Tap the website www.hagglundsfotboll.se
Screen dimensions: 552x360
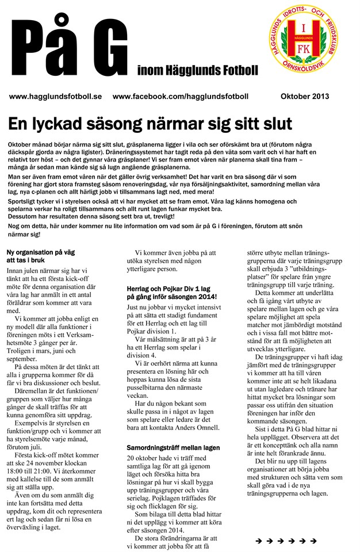click(55, 97)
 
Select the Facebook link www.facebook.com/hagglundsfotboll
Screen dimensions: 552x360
click(181, 97)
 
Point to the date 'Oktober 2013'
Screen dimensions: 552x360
click(305, 97)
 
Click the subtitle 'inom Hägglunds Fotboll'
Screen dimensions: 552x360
click(198, 71)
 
